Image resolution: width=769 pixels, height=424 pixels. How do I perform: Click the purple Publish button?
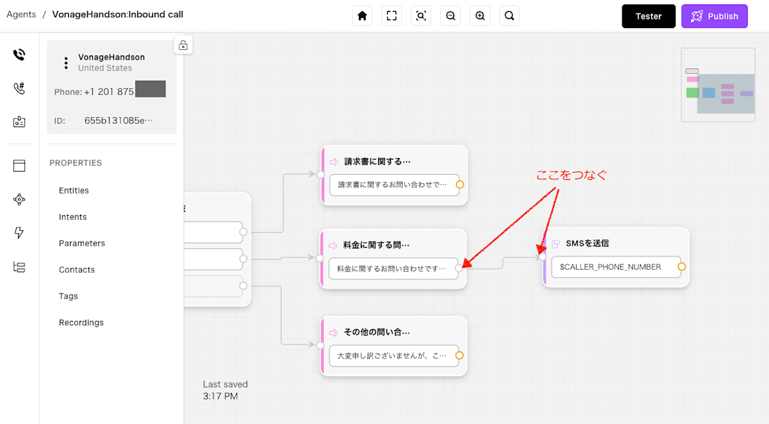(715, 17)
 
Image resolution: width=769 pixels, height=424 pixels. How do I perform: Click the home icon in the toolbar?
(362, 16)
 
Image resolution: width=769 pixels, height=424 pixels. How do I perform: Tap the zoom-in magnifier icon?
(480, 16)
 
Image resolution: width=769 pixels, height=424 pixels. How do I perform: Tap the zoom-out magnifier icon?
(451, 16)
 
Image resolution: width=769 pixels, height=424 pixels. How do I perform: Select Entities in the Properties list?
(74, 190)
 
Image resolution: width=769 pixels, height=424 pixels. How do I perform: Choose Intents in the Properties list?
(72, 217)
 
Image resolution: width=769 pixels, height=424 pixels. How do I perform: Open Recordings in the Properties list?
(81, 323)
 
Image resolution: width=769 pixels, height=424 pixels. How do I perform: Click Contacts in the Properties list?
(76, 270)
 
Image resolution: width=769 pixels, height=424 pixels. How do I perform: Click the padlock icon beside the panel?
(183, 45)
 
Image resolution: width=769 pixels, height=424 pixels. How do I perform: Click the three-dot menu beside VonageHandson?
(66, 63)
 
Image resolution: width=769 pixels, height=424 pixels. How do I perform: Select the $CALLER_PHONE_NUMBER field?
(610, 267)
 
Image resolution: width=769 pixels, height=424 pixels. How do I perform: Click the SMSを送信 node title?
(587, 243)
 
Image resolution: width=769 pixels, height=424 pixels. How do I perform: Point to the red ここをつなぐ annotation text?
(571, 175)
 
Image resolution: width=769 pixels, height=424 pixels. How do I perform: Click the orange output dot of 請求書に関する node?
(459, 184)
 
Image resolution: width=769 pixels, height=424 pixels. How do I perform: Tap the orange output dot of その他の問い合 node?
(459, 355)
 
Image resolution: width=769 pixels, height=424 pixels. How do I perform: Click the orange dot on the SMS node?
(681, 266)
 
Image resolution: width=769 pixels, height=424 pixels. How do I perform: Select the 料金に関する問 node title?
(376, 245)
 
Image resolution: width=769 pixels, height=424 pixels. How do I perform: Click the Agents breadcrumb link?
(21, 14)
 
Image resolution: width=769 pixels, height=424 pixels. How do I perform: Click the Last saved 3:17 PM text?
(225, 390)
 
